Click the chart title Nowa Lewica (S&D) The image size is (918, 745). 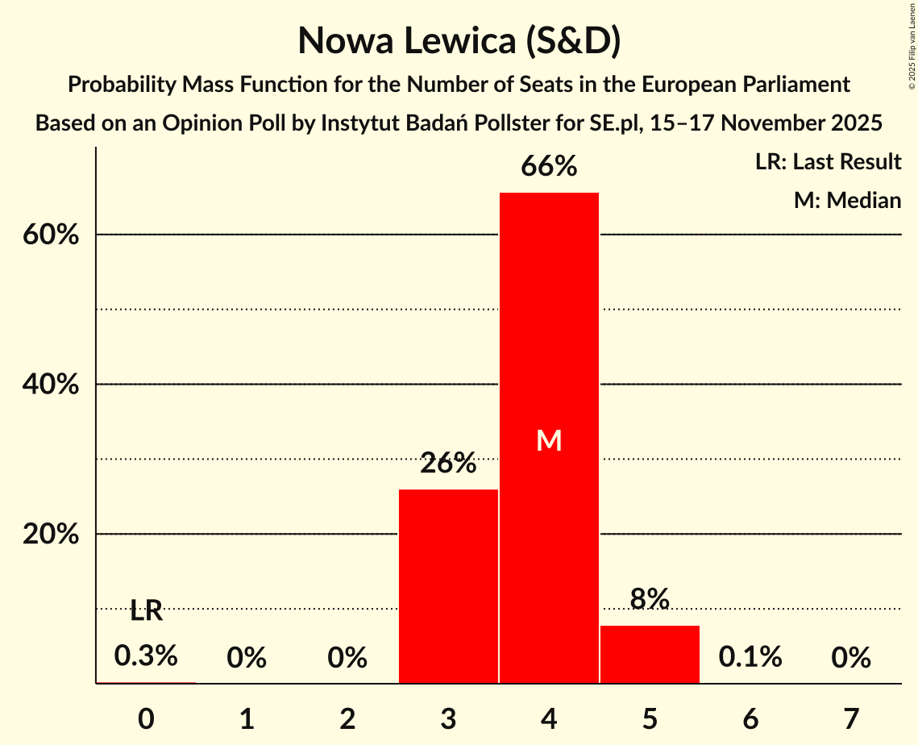(459, 41)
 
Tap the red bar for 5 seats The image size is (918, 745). (650, 654)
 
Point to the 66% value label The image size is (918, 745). (549, 167)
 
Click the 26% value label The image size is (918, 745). (448, 464)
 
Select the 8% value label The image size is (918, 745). (650, 599)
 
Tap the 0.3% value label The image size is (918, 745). (146, 656)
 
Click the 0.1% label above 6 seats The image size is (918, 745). (750, 657)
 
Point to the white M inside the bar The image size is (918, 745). (549, 440)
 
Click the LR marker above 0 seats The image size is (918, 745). (146, 611)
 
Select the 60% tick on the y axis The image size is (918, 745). (50, 235)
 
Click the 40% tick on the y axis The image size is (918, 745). (50, 385)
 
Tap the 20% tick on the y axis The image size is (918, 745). (50, 535)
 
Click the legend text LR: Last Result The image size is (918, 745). (828, 162)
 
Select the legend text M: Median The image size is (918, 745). (847, 200)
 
